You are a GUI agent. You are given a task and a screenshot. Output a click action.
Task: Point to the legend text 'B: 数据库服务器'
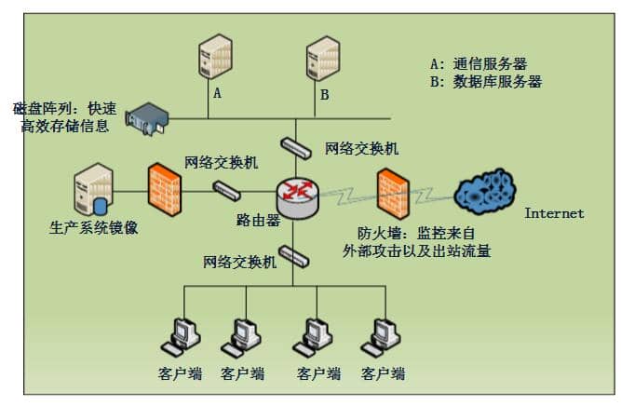tap(485, 82)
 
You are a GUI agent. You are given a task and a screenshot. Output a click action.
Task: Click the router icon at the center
tap(297, 194)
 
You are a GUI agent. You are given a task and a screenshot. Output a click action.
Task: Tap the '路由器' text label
tap(258, 221)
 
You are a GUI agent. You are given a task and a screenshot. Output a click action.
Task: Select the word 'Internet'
tap(554, 213)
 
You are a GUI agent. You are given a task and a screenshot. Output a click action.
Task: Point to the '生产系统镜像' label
tap(93, 227)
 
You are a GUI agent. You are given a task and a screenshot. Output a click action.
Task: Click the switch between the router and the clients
tap(297, 254)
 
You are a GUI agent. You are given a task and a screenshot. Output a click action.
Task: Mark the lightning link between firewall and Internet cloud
tap(430, 195)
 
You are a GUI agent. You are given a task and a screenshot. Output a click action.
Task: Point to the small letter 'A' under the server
tap(218, 94)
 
